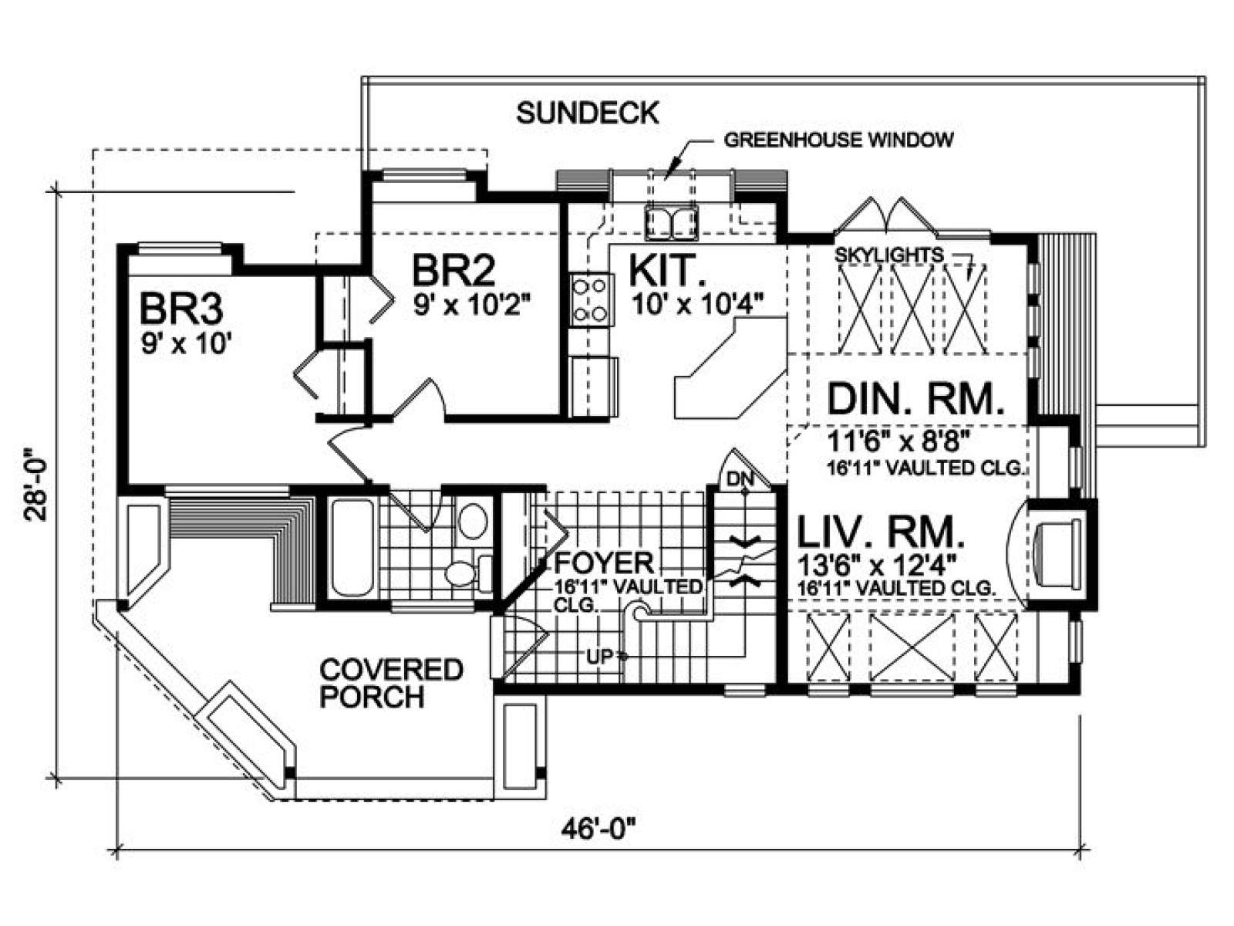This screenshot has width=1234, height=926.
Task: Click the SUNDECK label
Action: tap(588, 113)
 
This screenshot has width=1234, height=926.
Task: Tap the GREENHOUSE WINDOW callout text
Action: tap(838, 140)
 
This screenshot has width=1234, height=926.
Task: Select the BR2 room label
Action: tap(454, 270)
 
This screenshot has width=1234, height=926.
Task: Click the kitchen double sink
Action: tap(671, 220)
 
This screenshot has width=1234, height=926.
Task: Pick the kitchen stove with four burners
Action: tap(590, 300)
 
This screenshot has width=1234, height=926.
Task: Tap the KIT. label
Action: tap(669, 270)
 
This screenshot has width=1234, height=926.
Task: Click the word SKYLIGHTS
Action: tap(888, 255)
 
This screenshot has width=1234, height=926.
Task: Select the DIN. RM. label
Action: tap(915, 399)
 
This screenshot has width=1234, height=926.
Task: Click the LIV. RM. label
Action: tap(881, 533)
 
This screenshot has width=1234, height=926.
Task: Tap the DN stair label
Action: tap(740, 479)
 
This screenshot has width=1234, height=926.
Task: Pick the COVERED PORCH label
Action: tap(392, 684)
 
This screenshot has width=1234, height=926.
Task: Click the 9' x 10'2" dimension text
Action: tap(472, 306)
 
